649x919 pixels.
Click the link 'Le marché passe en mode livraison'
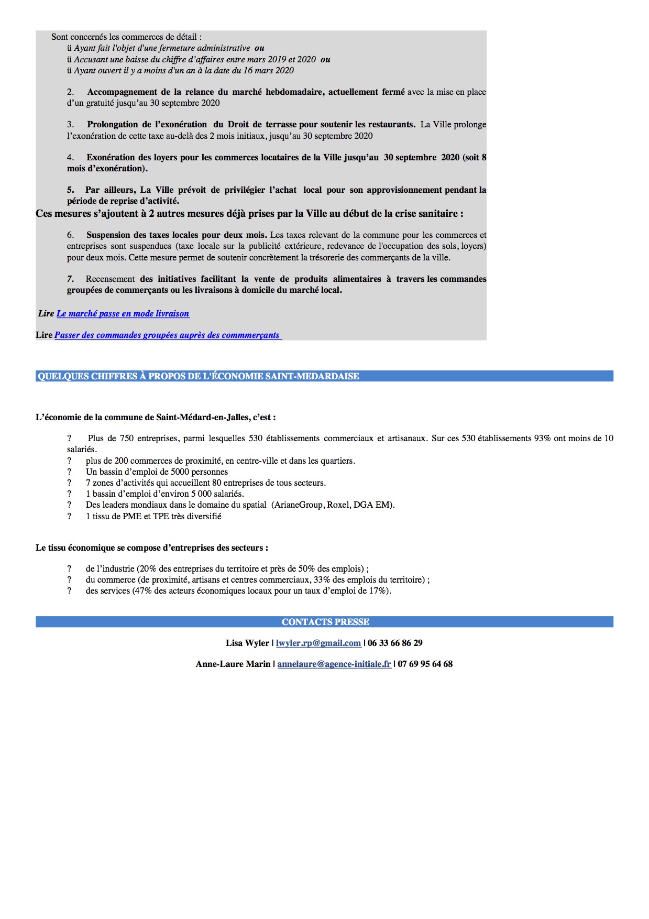[x=123, y=314]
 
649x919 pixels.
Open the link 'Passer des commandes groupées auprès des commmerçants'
[x=168, y=335]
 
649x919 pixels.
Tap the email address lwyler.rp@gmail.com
[x=318, y=643]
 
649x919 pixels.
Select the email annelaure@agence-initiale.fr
[x=334, y=664]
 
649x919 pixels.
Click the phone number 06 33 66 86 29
[x=395, y=643]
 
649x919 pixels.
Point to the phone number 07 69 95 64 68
[x=425, y=664]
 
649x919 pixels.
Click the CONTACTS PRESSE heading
[x=325, y=622]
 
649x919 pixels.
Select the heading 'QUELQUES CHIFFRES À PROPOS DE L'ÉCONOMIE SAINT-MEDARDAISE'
[x=199, y=376]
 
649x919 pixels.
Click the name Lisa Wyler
[x=247, y=643]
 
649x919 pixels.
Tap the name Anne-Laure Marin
[x=233, y=664]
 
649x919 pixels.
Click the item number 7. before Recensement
[x=70, y=279]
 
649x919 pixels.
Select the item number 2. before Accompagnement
[x=70, y=92]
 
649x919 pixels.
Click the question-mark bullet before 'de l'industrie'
[x=69, y=569]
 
